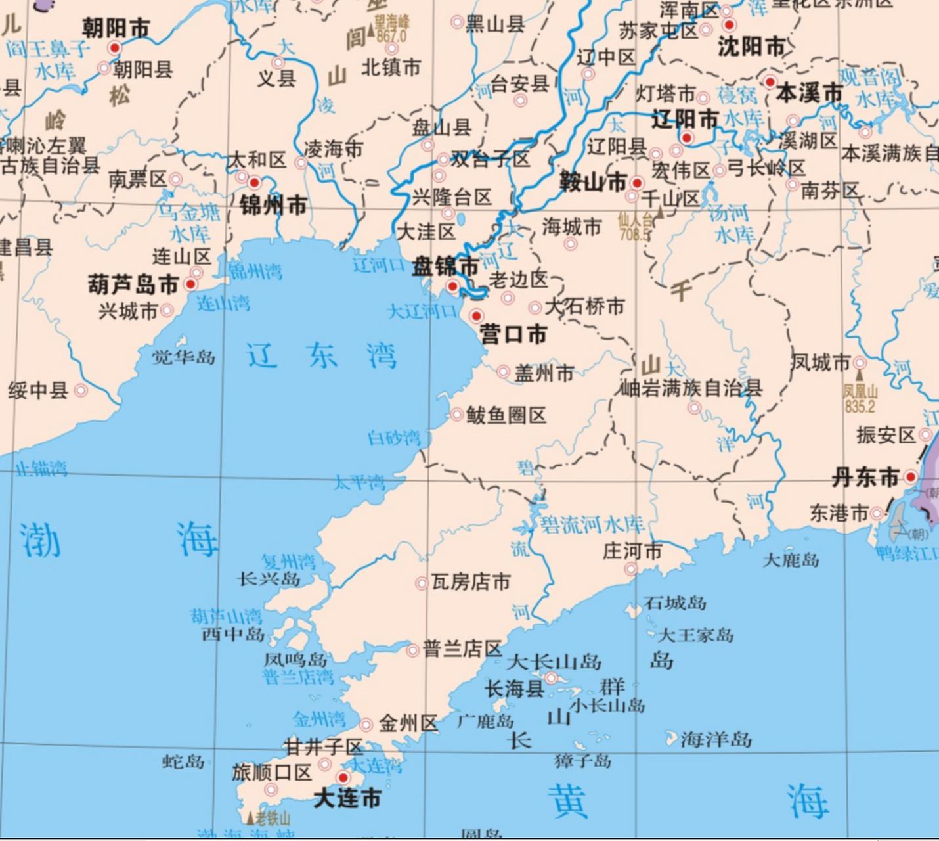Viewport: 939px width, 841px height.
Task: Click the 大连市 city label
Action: (x=347, y=798)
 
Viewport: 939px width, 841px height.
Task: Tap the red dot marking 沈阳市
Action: (x=729, y=25)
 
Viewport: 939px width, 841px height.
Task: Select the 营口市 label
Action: (x=513, y=334)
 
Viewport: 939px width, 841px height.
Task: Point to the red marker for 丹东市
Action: (x=910, y=477)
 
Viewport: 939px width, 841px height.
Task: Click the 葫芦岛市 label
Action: (x=133, y=284)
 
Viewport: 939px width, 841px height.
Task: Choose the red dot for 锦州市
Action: (x=254, y=183)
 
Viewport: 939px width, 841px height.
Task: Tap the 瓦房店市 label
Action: (x=470, y=582)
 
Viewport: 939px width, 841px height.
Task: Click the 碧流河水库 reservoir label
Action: (x=592, y=524)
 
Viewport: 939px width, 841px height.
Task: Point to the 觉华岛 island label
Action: (x=183, y=357)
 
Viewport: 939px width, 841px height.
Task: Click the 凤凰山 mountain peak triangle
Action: (x=860, y=375)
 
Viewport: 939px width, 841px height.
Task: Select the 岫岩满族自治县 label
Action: (x=691, y=388)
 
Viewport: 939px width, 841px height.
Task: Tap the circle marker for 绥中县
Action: (x=81, y=390)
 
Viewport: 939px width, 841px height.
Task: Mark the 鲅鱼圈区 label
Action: (x=506, y=415)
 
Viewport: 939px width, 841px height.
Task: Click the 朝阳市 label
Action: (x=116, y=28)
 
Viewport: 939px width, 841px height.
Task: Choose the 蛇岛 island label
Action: (x=183, y=761)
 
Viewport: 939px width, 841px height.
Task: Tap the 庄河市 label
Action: (x=632, y=551)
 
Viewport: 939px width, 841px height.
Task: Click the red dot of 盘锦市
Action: (x=452, y=286)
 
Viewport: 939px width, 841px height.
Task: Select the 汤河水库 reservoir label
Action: (x=729, y=223)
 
